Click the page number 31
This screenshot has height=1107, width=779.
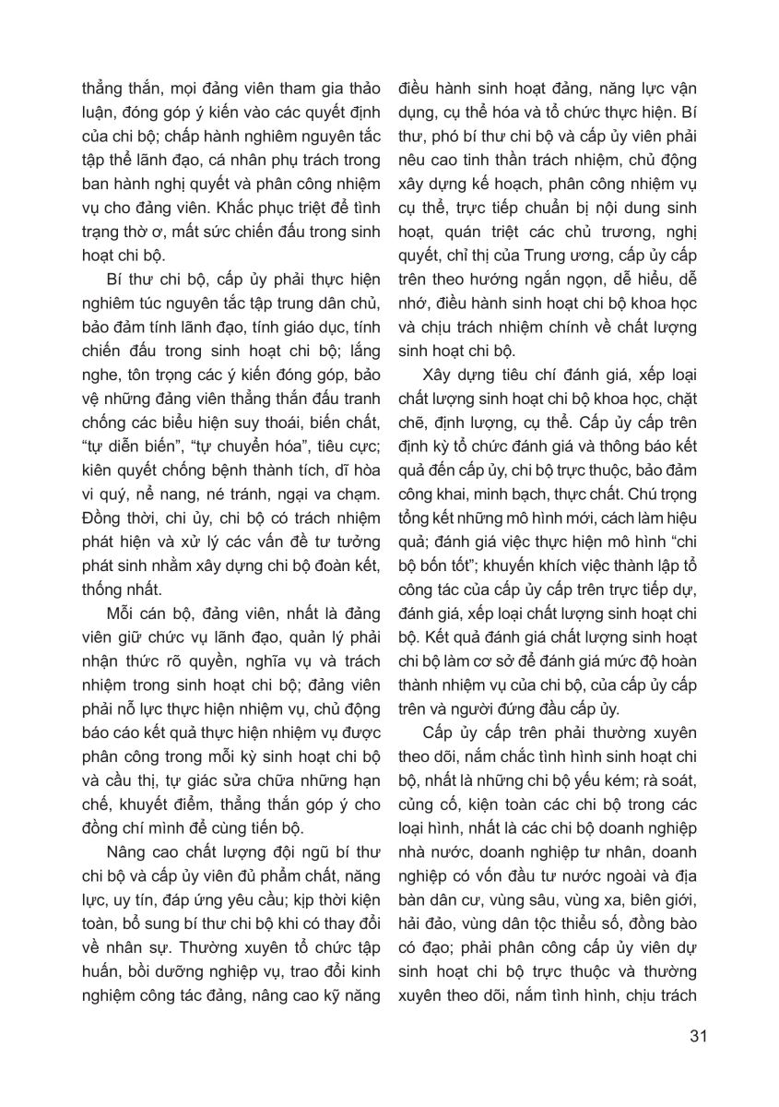[697, 1035]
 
